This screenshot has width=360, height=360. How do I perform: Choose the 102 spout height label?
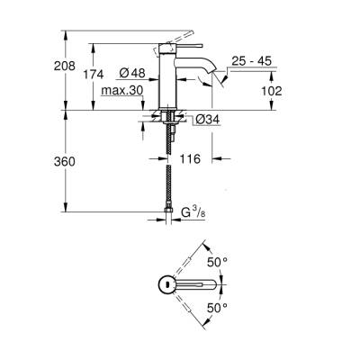point(273,91)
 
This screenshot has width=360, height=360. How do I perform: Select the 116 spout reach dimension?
point(191,159)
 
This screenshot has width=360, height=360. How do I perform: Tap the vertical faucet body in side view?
point(169,81)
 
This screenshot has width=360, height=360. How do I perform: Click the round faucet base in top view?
point(167,285)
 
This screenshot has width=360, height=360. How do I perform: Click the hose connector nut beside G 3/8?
point(168,214)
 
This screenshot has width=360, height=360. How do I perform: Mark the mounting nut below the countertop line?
point(168,118)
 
